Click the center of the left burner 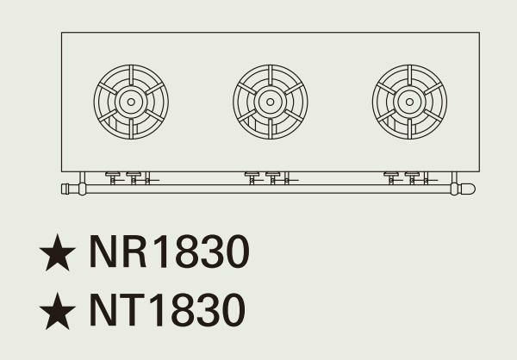[x=131, y=102]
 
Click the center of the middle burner [x=271, y=102]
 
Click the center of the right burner [x=409, y=102]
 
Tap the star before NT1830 [x=58, y=310]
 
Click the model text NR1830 [x=169, y=253]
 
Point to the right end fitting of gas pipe [x=466, y=189]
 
